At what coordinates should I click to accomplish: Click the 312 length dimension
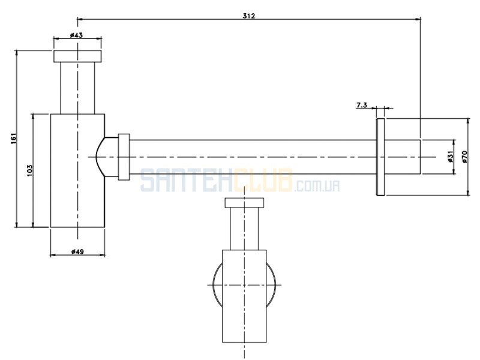coord(248,16)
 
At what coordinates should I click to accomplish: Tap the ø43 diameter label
coord(76,35)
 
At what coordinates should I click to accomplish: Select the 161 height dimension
coord(14,139)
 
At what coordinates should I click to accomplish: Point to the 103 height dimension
coord(29,170)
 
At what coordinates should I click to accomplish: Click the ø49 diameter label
coord(77,251)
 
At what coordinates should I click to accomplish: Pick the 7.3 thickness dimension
coord(362,106)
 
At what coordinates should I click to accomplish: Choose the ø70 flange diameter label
coord(465,157)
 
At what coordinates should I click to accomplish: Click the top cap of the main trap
coord(77,56)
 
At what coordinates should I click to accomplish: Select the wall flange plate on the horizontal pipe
coord(380,157)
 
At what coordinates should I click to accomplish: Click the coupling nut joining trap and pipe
coord(124,157)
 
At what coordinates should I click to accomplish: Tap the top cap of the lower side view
coord(244,203)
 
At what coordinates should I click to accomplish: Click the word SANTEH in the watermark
coord(187,181)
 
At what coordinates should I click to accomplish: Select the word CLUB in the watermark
coord(263,181)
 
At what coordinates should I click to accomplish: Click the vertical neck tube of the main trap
coord(77,88)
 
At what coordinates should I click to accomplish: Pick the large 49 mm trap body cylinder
coord(77,171)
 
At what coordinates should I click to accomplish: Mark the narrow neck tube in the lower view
coord(244,229)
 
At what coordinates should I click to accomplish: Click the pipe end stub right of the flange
coord(403,157)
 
